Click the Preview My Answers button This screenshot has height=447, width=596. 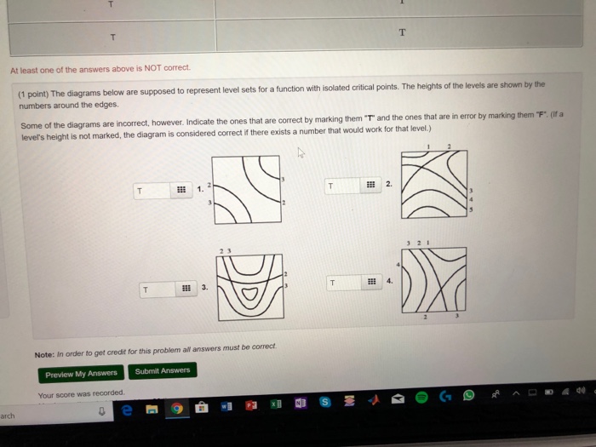81,374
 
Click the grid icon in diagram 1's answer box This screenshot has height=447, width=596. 181,190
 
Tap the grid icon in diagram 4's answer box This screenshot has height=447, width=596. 372,282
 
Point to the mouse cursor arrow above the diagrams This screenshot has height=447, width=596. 298,153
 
